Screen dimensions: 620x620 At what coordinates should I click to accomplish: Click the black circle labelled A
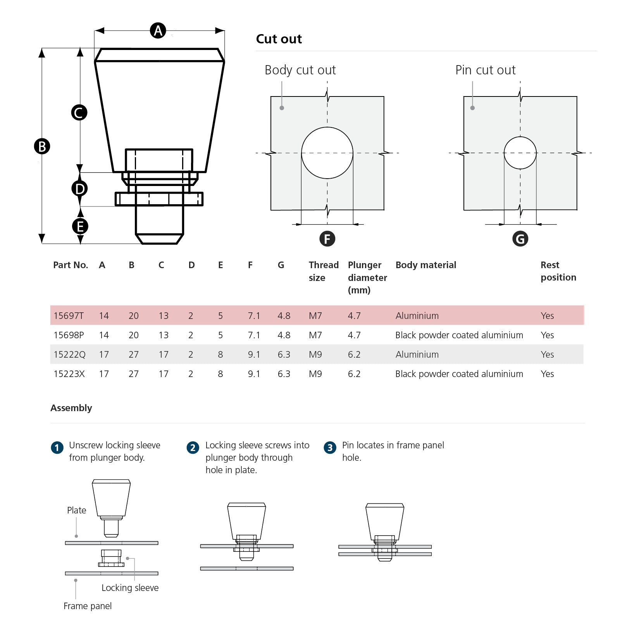click(x=158, y=30)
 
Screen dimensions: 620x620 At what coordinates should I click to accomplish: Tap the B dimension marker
click(x=42, y=146)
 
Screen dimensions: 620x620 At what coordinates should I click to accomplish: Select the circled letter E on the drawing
click(x=80, y=226)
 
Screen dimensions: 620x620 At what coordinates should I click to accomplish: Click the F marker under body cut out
click(x=327, y=239)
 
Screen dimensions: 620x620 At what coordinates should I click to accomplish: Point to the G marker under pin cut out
click(x=520, y=239)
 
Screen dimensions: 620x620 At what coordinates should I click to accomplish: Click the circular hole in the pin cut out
click(x=520, y=153)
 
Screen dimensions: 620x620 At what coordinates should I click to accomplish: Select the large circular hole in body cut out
click(x=327, y=153)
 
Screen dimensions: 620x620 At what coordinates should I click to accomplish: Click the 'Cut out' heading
click(x=279, y=39)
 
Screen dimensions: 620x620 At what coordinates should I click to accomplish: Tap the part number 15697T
click(x=69, y=315)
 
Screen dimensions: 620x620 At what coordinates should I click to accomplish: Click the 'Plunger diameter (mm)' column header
click(x=367, y=277)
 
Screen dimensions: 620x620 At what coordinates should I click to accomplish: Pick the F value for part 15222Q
click(x=254, y=354)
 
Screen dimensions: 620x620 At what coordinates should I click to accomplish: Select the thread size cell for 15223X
click(x=315, y=374)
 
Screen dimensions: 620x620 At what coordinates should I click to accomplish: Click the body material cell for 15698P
click(x=459, y=335)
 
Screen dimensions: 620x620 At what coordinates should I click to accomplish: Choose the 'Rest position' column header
click(x=558, y=271)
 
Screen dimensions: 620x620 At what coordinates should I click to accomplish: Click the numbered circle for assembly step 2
click(x=193, y=448)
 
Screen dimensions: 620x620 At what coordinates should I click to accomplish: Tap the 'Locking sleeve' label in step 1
click(x=130, y=587)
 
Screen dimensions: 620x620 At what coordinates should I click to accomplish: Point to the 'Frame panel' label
click(x=88, y=606)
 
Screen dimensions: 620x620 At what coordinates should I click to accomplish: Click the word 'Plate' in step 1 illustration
click(x=76, y=510)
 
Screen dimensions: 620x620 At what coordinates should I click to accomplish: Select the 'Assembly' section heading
click(x=71, y=408)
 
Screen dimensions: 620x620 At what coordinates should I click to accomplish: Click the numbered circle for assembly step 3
click(x=330, y=448)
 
